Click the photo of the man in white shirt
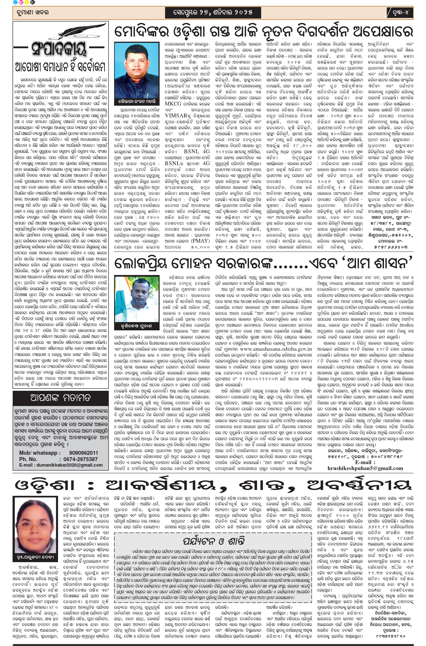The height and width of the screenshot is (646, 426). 137,71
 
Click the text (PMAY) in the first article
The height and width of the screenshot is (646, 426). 200,240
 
